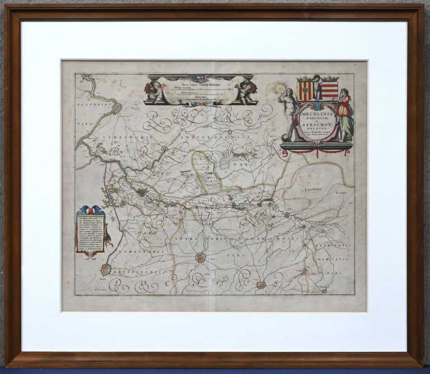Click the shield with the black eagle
tap(305, 90)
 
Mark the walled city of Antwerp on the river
tap(119, 109)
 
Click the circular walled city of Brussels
tap(105, 270)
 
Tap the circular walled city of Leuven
tap(200, 258)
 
